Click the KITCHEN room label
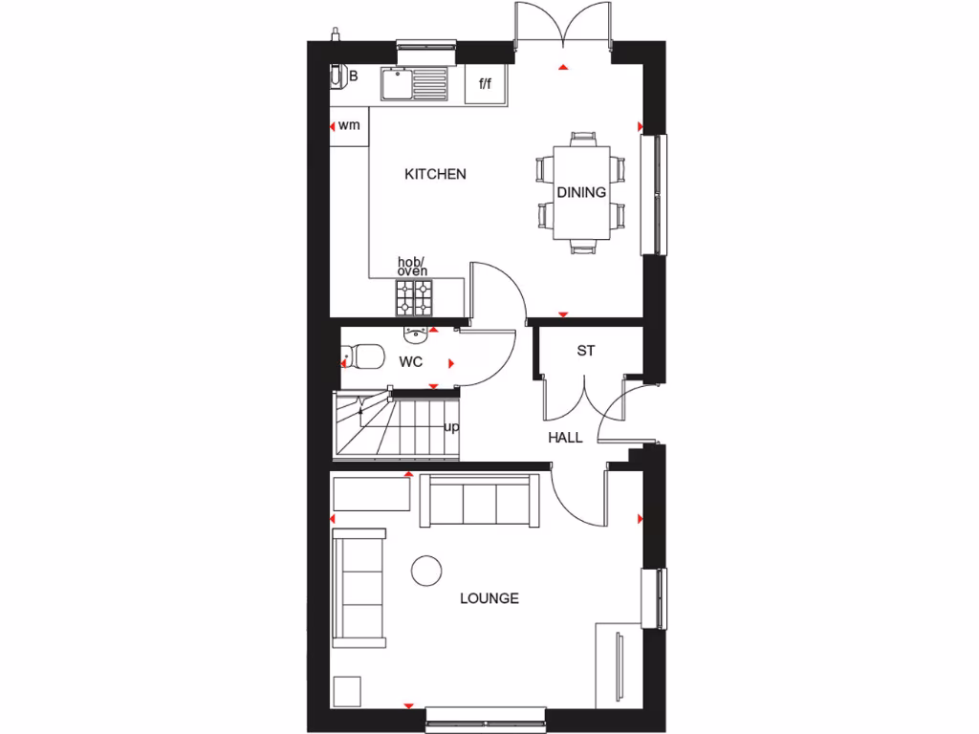click(435, 174)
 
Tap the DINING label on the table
click(581, 192)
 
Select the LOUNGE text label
click(489, 598)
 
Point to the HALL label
click(565, 438)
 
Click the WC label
click(411, 362)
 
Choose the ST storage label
click(586, 351)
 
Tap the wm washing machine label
click(349, 125)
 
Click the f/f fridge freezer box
click(485, 84)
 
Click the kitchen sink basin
click(396, 85)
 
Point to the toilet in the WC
click(359, 357)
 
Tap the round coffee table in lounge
click(426, 571)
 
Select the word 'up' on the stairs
click(451, 427)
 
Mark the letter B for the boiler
click(353, 76)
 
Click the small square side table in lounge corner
click(348, 690)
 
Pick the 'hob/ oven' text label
click(413, 267)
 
